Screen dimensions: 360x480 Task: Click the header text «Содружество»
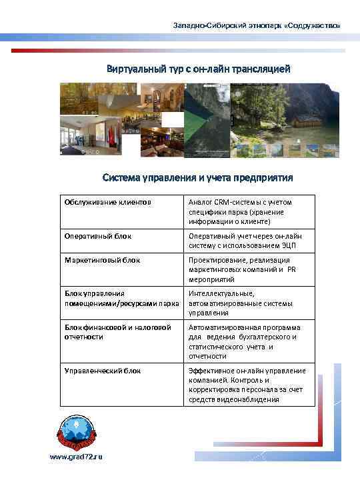314,25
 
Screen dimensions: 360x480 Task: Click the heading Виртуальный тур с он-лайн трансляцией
198,69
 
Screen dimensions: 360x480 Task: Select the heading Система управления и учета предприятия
197,178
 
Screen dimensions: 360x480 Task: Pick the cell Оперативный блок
98,235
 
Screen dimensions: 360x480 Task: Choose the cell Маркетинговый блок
102,260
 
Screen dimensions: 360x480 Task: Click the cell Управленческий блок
103,370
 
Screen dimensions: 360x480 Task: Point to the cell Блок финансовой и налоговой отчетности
117,331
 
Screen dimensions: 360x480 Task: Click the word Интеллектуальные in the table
221,293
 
